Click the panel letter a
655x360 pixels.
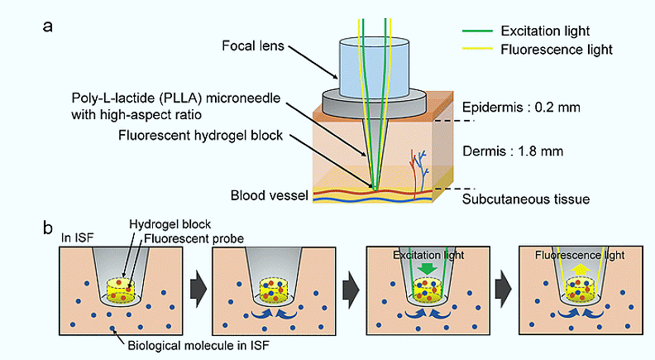pos(49,24)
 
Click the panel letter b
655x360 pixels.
pos(49,225)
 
